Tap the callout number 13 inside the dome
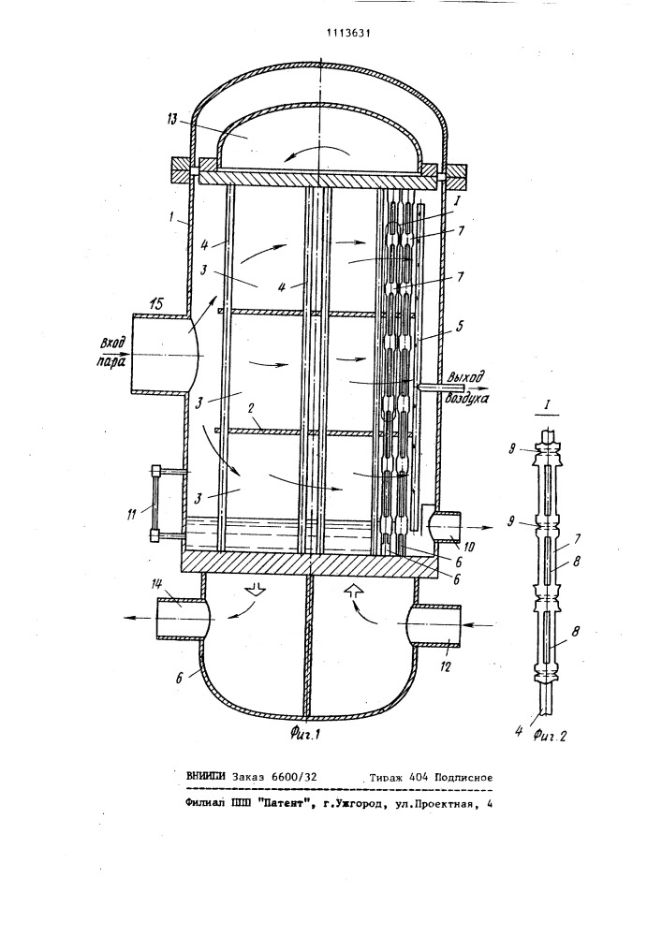(172, 120)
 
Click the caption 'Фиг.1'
(304, 734)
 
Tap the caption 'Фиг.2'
(550, 736)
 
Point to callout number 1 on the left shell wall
(172, 219)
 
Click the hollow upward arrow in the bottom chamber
(353, 590)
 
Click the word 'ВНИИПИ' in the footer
(206, 777)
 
